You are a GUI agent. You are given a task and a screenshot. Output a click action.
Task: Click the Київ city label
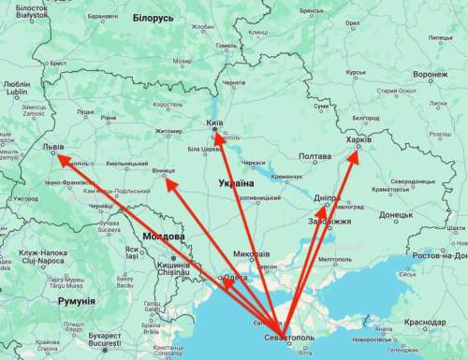coord(214,122)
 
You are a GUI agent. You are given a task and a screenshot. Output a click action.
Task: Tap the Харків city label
coord(358,139)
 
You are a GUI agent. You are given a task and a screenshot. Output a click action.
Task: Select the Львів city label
coord(54,148)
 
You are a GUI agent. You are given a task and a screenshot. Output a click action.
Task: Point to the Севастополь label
coord(290,336)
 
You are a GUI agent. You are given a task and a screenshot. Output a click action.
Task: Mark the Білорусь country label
coord(153,18)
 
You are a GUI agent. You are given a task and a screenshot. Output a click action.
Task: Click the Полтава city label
coord(314,156)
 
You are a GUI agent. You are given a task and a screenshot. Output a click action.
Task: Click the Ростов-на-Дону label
coord(439,254)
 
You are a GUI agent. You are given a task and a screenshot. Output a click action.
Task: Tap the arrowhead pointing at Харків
coord(354,155)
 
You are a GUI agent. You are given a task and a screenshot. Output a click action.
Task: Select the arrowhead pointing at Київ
coord(216,137)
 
